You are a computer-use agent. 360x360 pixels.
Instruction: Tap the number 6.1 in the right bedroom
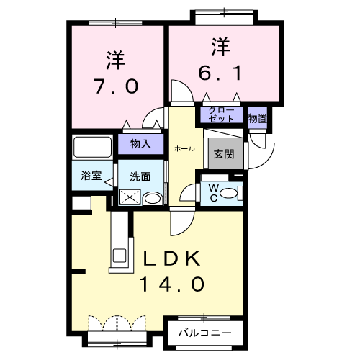pos(222,73)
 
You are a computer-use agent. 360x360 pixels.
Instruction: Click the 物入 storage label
pos(140,144)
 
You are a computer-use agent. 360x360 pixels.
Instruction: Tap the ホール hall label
pos(184,148)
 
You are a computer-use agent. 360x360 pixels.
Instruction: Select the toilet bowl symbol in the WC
pos(229,193)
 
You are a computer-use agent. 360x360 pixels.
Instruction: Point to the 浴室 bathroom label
pos(90,176)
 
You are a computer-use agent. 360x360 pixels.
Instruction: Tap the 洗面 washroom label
pos(140,176)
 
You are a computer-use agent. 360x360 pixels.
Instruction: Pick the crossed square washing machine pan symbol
pos(130,197)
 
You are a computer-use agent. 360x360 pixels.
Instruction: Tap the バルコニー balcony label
pos(204,334)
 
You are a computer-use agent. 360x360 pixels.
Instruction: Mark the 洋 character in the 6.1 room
pos(220,47)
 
